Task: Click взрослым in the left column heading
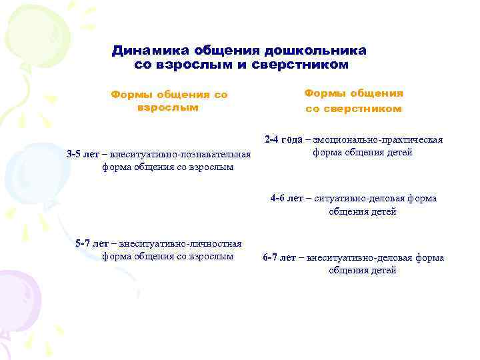coord(167,107)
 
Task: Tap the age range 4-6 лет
coord(287,199)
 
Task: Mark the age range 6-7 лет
coord(279,258)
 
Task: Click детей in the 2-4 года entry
coord(399,153)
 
